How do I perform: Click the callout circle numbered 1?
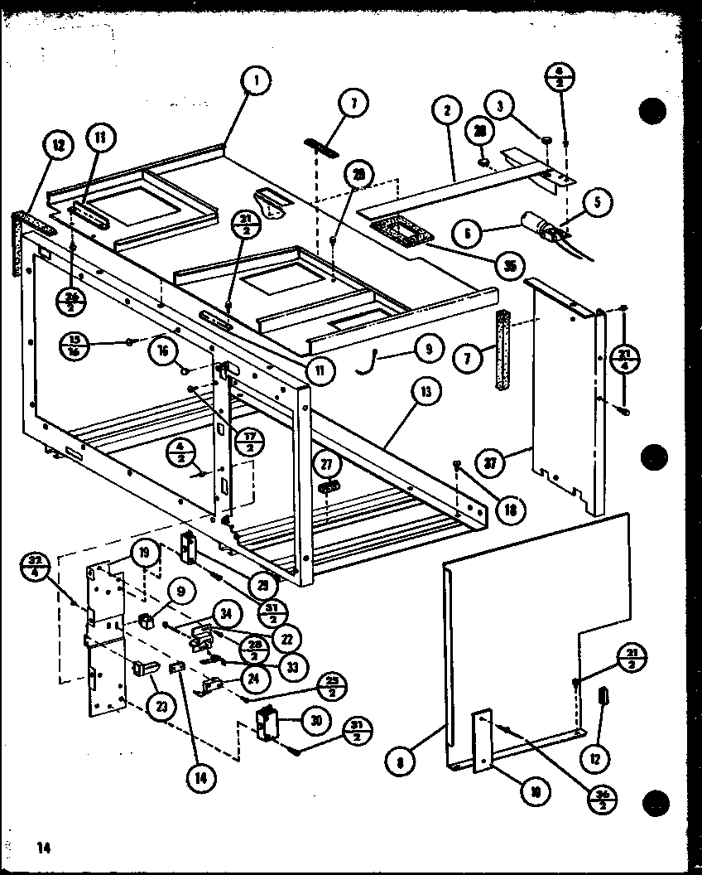point(257,81)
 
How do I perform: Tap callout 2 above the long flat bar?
point(446,110)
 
